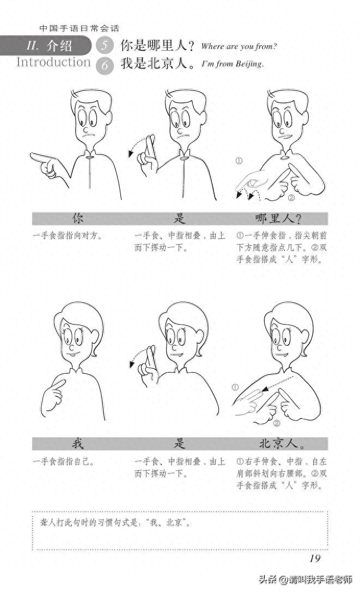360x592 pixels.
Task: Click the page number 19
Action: coord(314,557)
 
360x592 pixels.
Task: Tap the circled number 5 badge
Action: coord(105,46)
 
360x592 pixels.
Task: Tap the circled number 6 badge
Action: coord(105,65)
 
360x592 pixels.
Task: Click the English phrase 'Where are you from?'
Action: coord(239,46)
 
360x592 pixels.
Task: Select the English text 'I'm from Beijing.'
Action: coord(233,64)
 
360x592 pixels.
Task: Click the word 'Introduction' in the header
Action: coord(53,62)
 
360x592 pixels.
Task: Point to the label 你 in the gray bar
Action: coord(78,219)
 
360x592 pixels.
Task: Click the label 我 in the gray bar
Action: coord(78,444)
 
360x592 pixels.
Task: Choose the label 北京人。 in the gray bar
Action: coord(282,444)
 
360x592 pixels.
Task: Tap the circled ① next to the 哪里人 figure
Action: coord(239,161)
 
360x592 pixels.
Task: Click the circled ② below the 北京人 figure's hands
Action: coord(276,423)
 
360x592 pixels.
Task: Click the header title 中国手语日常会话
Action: coord(79,28)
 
